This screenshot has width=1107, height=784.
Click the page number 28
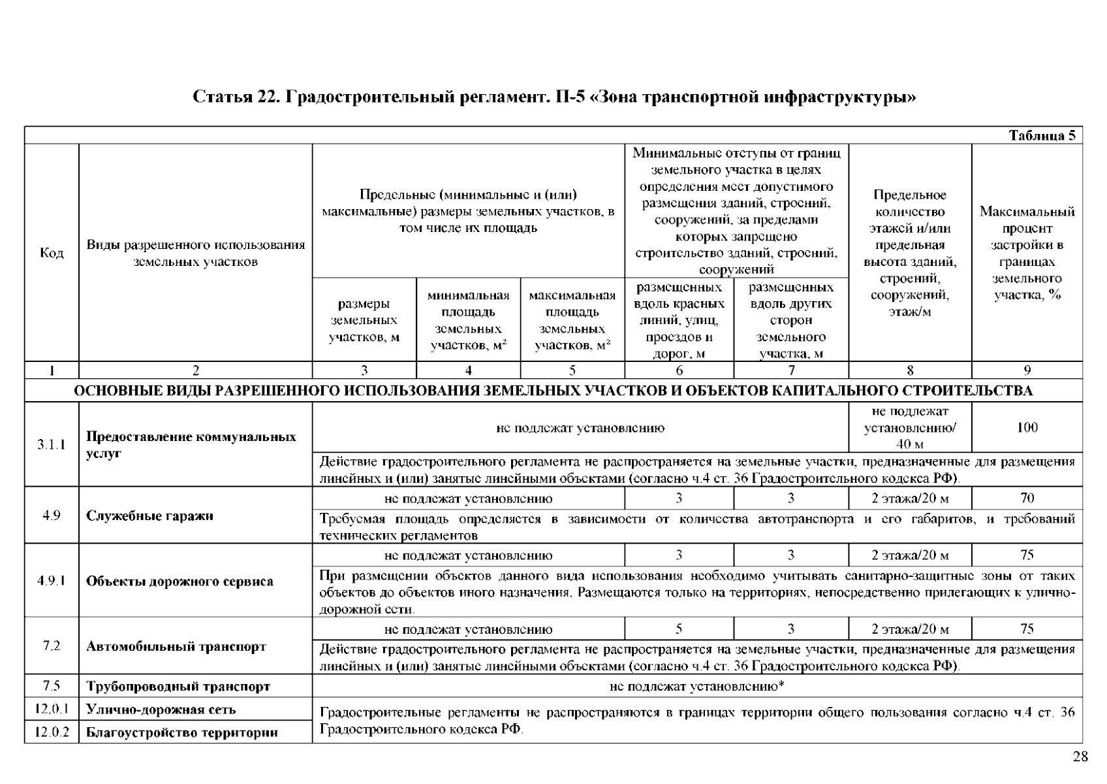[x=1080, y=757]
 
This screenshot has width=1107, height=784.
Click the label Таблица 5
[x=1042, y=136]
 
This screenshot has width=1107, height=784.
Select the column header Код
[x=52, y=253]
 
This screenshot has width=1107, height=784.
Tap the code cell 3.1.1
[x=52, y=445]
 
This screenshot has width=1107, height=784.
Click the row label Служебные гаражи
[x=149, y=516]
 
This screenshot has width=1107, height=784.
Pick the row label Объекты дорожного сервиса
[x=179, y=581]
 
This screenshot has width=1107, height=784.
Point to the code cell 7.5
[x=52, y=686]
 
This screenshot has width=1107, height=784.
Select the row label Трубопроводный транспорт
[x=178, y=687]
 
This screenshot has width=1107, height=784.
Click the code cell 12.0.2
[x=52, y=732]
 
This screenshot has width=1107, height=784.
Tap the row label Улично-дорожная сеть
[x=161, y=710]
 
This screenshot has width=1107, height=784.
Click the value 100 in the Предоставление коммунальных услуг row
[x=1027, y=428]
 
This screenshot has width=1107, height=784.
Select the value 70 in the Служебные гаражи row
[x=1027, y=498]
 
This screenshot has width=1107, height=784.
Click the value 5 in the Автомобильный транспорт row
[x=679, y=629]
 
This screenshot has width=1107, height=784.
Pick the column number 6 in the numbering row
[x=679, y=370]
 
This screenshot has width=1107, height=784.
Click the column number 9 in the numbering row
[x=1027, y=370]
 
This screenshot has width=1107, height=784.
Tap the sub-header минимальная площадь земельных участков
[x=468, y=320]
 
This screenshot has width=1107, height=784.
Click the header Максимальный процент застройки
[x=1027, y=253]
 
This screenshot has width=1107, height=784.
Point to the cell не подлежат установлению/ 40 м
[x=909, y=428]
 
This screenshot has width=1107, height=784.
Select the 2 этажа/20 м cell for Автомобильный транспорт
[x=909, y=629]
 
